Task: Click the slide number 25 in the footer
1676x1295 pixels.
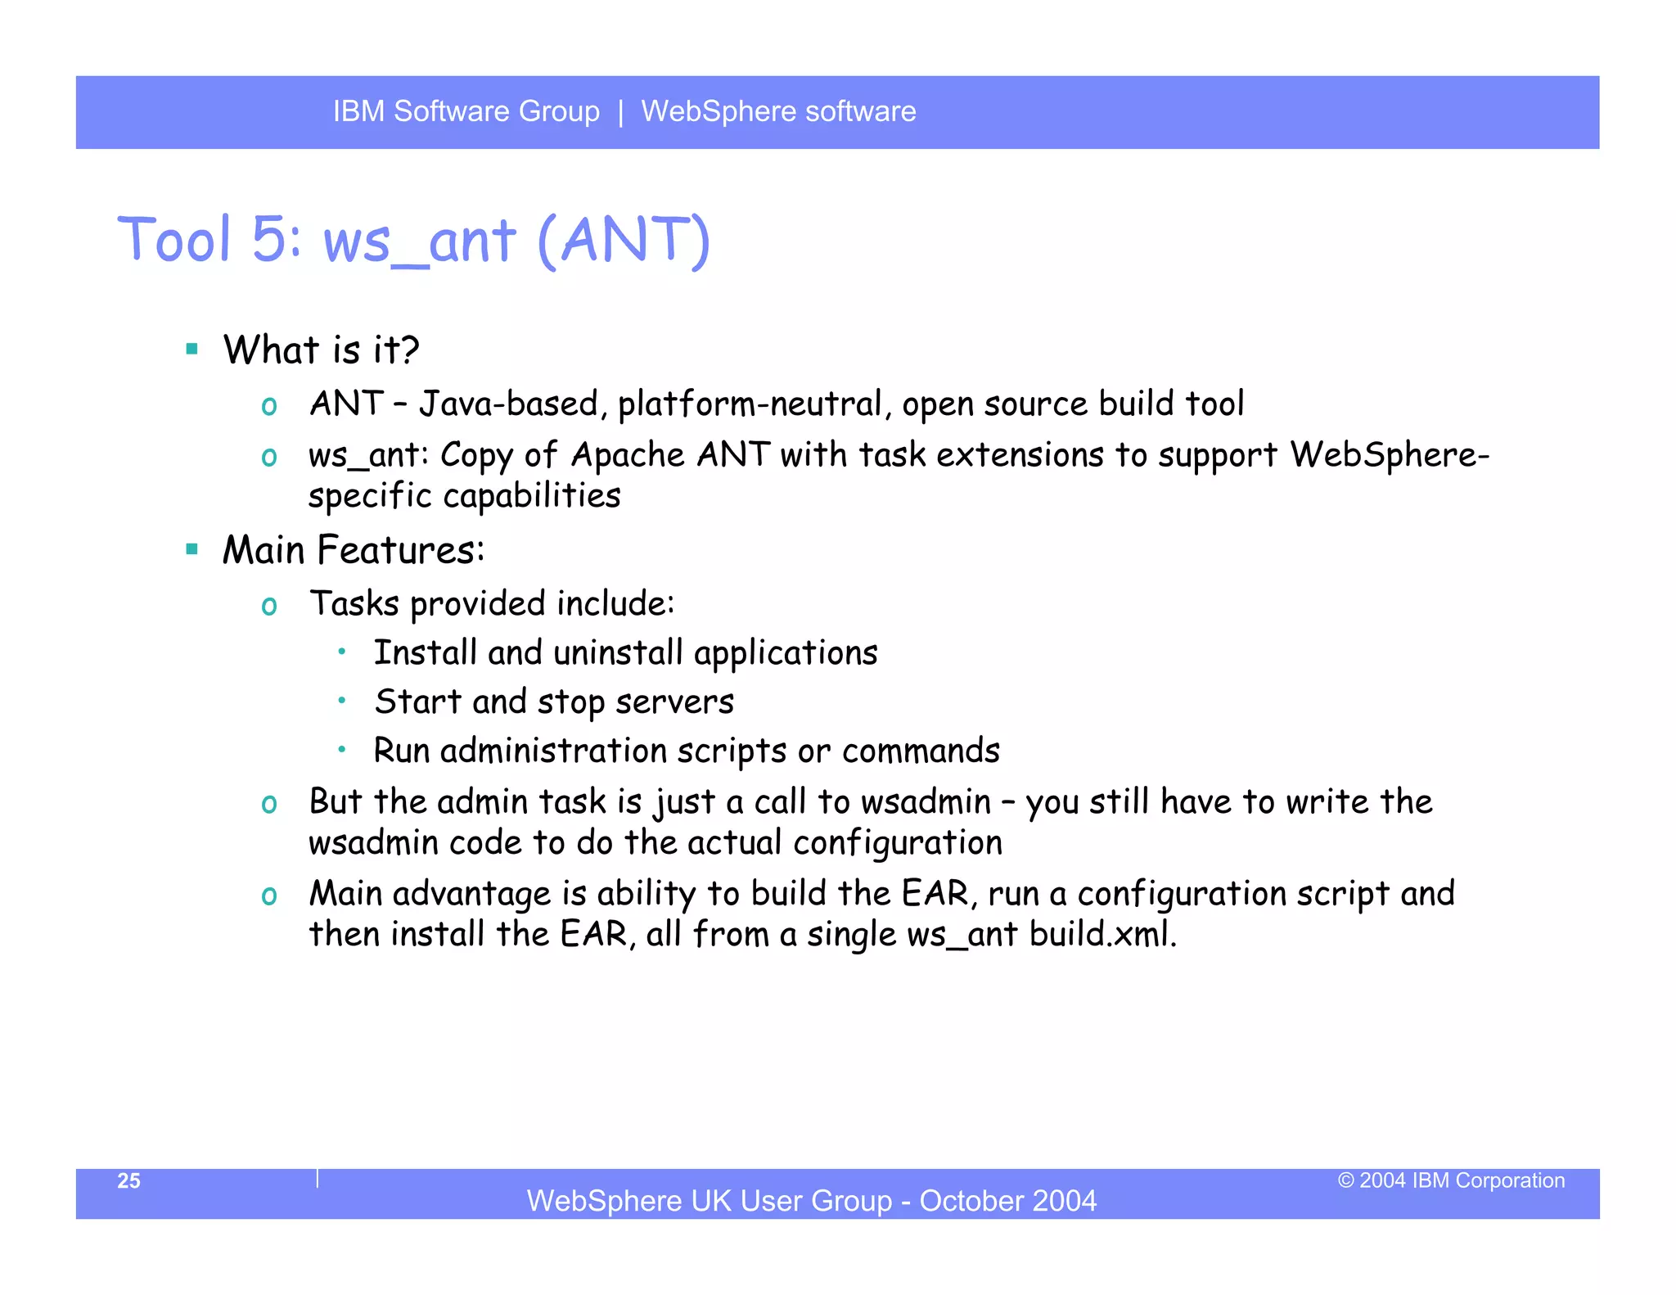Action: (x=128, y=1180)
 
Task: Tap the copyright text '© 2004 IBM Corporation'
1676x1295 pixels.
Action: (x=1450, y=1180)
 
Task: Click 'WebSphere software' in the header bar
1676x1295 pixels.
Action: (x=778, y=111)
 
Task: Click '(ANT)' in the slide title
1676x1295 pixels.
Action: (x=624, y=241)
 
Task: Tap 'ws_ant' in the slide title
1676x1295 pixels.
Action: (x=419, y=242)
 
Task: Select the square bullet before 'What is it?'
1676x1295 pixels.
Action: (x=192, y=350)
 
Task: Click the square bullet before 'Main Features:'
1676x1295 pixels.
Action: (x=192, y=549)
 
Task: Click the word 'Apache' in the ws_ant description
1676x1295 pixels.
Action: (x=628, y=455)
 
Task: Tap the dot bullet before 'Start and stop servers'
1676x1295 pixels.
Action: (x=342, y=701)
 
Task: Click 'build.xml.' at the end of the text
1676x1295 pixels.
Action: (x=1102, y=934)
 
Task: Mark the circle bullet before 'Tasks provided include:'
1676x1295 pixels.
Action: (x=269, y=607)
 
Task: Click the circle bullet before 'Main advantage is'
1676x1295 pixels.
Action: (x=269, y=896)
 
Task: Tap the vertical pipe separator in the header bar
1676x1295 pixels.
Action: (x=620, y=112)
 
